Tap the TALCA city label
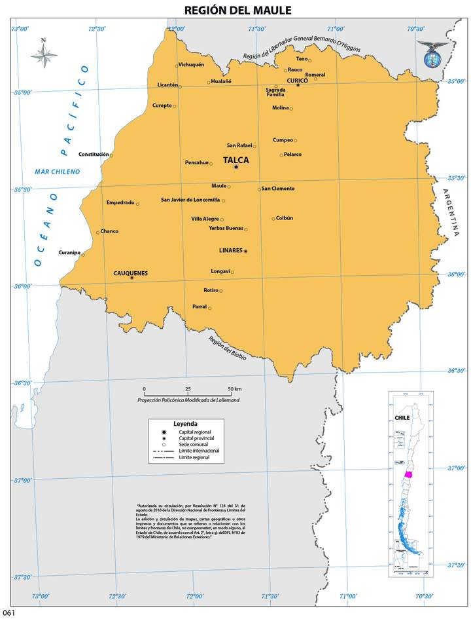tap(235, 159)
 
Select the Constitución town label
tap(94, 155)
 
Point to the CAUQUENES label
tap(130, 272)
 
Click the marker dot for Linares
tap(245, 251)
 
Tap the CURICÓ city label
tap(297, 80)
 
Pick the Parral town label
tap(199, 306)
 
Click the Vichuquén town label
tap(192, 65)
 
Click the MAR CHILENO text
tap(58, 172)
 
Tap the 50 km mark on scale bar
tap(234, 389)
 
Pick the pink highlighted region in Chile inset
tap(409, 474)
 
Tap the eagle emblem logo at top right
tap(432, 55)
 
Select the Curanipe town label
tap(69, 252)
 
